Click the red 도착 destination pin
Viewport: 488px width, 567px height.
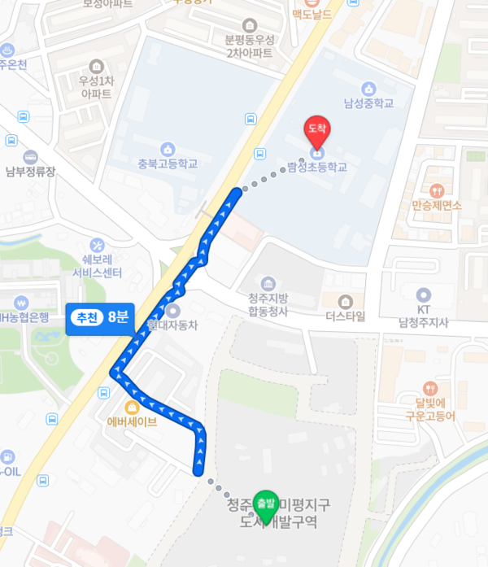tap(316, 130)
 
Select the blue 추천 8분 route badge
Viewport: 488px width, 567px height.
tap(99, 319)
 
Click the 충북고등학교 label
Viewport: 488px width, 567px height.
tap(168, 164)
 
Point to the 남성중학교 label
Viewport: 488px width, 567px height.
tap(368, 103)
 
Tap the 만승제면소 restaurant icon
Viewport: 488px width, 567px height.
tap(438, 190)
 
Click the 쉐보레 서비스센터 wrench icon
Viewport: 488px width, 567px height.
tap(98, 244)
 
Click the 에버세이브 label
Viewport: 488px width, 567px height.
tap(132, 421)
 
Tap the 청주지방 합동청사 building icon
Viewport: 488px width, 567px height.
tap(268, 283)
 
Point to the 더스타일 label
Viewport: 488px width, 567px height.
tap(346, 316)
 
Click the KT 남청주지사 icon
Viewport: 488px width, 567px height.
tap(423, 295)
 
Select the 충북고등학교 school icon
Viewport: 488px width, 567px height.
tap(168, 149)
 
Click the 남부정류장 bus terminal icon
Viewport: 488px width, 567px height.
tap(31, 157)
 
